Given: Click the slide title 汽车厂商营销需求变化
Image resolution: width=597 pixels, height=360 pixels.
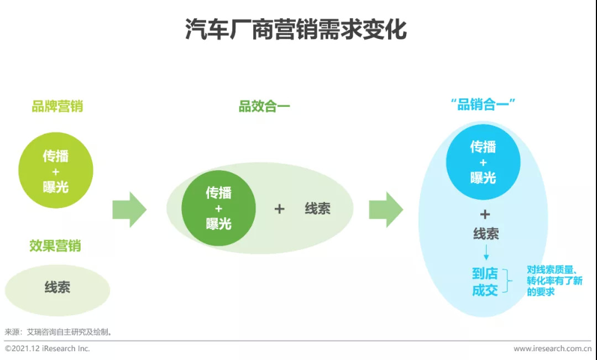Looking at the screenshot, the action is (296, 29).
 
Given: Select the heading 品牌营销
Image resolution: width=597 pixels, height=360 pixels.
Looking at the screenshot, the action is (57, 106).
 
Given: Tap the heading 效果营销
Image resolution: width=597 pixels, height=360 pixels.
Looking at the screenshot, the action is (55, 246).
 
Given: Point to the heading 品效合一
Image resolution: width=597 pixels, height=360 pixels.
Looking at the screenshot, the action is (264, 106).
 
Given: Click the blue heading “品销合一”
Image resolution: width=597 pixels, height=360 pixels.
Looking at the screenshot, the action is (483, 105).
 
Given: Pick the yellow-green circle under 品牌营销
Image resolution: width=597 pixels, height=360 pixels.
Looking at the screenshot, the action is (56, 170).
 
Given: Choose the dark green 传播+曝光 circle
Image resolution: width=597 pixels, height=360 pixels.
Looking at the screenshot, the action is (218, 208).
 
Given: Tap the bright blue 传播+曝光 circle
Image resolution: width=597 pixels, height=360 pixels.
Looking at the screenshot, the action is (483, 162).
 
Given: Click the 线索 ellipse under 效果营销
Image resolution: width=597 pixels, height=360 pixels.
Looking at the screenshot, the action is (57, 290).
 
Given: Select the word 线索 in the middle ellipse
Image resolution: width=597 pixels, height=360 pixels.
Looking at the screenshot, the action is (317, 208).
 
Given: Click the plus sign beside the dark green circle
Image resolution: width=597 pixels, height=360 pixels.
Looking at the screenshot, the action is (280, 209).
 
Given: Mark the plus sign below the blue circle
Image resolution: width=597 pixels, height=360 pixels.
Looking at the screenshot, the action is (485, 215).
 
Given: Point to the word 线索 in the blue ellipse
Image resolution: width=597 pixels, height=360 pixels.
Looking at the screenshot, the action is (486, 233).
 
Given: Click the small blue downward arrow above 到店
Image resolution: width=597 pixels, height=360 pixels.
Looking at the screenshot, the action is (486, 252).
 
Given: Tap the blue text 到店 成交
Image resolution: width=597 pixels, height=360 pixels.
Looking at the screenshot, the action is (485, 282).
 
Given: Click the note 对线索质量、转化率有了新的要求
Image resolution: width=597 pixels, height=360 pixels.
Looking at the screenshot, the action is (555, 281).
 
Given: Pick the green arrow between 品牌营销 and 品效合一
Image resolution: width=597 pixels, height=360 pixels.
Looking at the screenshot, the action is (129, 210).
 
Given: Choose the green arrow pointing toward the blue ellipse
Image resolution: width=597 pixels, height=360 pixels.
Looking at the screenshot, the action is (386, 210).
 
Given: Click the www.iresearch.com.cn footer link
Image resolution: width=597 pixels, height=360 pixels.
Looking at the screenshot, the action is (552, 348).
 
